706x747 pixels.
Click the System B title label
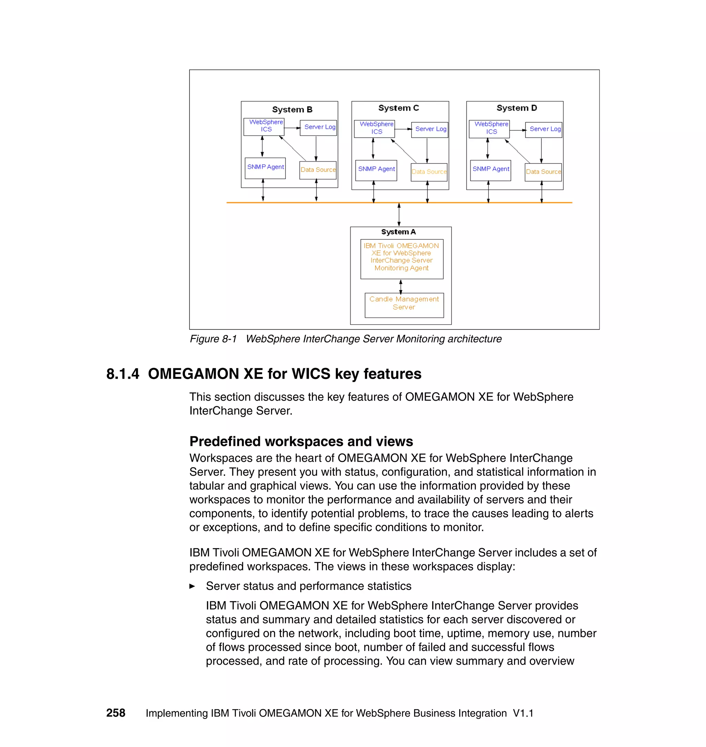(x=292, y=110)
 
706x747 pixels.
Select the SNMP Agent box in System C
(x=376, y=170)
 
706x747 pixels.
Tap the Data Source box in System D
(x=543, y=172)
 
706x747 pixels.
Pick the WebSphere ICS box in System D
(x=489, y=128)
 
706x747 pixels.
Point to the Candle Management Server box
(x=404, y=305)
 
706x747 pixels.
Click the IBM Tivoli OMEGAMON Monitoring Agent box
(x=402, y=258)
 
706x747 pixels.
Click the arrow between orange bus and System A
(x=399, y=214)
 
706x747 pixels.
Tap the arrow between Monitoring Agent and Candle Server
(x=401, y=286)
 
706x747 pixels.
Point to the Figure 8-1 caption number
(x=213, y=339)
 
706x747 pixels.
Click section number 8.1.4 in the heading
(x=123, y=374)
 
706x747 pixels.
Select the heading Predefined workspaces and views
(x=301, y=441)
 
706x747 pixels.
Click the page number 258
(x=115, y=713)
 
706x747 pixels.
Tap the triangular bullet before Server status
(x=192, y=586)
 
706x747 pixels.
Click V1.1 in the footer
(x=523, y=713)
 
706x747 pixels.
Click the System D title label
(x=516, y=108)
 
